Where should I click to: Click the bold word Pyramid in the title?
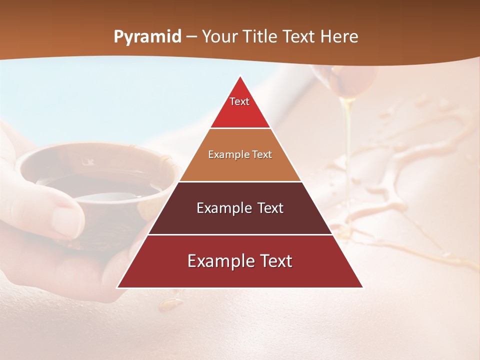click(x=147, y=37)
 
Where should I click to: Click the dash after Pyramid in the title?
click(x=191, y=37)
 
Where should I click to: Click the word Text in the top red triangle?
click(x=239, y=101)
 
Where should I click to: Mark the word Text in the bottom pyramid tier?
click(x=275, y=261)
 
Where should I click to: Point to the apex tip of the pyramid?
click(x=240, y=76)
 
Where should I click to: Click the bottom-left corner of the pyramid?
click(x=118, y=287)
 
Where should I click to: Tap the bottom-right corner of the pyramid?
click(x=362, y=287)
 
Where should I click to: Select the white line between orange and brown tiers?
click(x=240, y=181)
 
